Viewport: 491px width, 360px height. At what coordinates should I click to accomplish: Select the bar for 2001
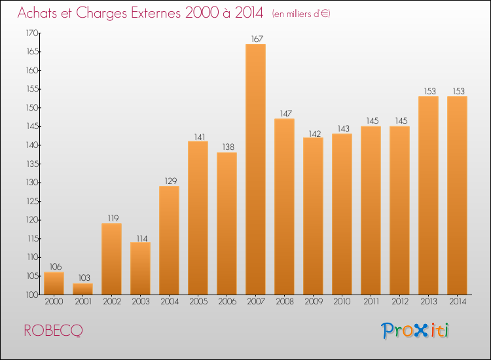[x=82, y=289]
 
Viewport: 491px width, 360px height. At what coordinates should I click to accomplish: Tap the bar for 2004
[x=169, y=240]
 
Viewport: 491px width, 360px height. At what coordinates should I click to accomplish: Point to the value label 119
[x=111, y=219]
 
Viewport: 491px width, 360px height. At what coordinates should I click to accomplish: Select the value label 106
[x=54, y=267]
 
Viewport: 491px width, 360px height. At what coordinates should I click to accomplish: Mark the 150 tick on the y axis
[x=31, y=108]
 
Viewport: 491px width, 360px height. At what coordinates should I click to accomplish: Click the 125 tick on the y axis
[x=31, y=202]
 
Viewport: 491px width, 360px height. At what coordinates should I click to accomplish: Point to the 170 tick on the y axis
[x=31, y=33]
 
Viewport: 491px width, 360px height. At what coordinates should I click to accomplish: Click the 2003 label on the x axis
[x=140, y=301]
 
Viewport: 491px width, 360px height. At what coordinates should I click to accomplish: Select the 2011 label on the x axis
[x=371, y=301]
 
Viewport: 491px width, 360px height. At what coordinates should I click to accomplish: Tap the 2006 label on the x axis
[x=227, y=301]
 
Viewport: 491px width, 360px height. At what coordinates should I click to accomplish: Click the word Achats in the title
[x=36, y=13]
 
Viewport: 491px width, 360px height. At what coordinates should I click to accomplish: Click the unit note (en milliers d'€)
[x=301, y=14]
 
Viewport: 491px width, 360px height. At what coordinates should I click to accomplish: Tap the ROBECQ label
[x=53, y=331]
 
